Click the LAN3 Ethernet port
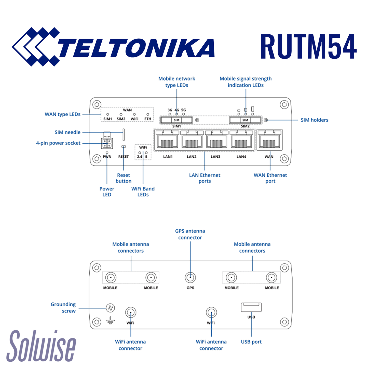tap(216, 140)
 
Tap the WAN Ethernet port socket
tap(269, 140)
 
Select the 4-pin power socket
tap(107, 143)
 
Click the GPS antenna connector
tap(190, 277)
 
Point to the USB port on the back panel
tap(251, 307)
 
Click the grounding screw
tap(110, 308)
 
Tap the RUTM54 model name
tap(308, 47)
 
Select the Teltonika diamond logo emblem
tap(36, 47)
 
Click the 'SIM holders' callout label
tap(314, 120)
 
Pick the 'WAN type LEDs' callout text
tap(63, 114)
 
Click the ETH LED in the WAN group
tap(148, 115)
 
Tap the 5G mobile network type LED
tap(184, 114)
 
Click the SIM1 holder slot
tap(176, 120)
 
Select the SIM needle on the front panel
tap(124, 134)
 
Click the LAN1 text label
tap(168, 157)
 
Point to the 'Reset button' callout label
tap(124, 178)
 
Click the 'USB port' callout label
tap(251, 342)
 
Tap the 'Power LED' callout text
tap(107, 192)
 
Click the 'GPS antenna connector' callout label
tap(190, 234)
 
